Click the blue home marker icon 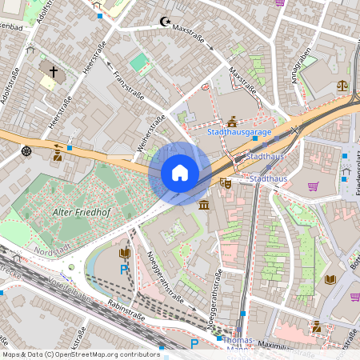180,173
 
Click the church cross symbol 54,72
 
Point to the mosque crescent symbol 166,22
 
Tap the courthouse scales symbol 343,82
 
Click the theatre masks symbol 226,183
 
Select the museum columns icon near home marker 204,206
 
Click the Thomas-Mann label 239,344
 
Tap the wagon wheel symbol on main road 26,150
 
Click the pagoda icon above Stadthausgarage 232,122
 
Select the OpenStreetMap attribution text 80,354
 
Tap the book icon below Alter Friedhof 124,254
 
